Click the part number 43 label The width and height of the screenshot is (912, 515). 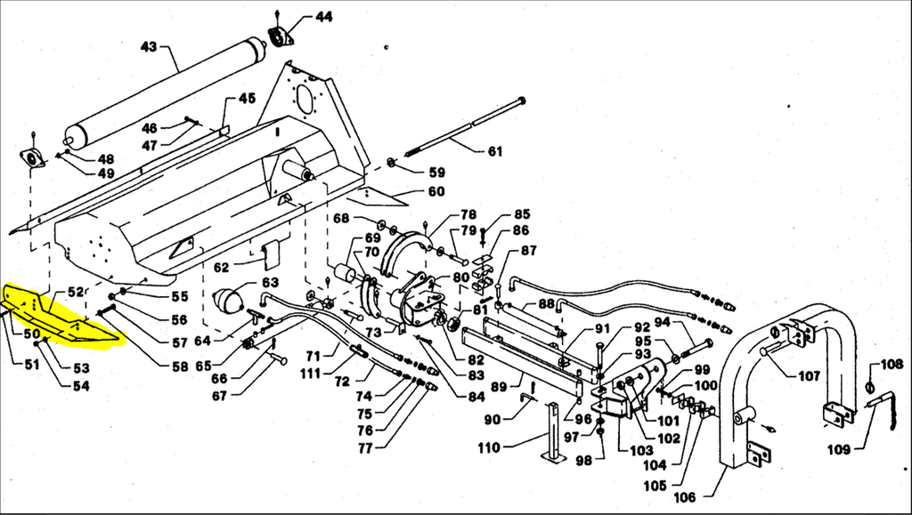coord(148,45)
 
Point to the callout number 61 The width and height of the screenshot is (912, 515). coord(494,150)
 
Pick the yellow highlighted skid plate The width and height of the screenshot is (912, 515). coord(62,317)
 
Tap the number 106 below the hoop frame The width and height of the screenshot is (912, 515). coord(686,495)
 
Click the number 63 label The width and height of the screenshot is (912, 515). coord(269,282)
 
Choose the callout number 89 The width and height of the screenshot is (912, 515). coord(500,386)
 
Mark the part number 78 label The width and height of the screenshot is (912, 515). coord(468,215)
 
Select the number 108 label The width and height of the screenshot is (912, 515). coord(892,364)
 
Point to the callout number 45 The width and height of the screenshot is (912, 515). coord(247,98)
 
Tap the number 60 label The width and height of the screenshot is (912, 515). coord(436,191)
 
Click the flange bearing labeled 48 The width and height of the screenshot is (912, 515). coord(33,160)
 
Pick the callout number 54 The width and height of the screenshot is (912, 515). coord(81,385)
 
